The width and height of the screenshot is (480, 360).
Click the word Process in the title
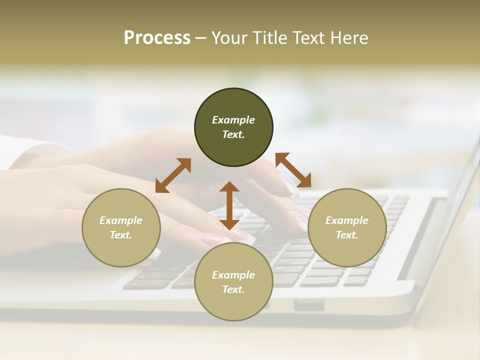(157, 38)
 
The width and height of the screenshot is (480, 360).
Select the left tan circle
(121, 250)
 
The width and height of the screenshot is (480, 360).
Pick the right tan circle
(347, 250)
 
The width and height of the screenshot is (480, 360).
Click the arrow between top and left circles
(173, 175)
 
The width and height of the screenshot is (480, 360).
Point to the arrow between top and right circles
(293, 170)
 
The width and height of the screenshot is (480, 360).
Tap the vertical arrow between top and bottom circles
(229, 205)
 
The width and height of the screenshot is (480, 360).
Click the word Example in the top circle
(233, 120)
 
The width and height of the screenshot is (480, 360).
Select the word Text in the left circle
(121, 235)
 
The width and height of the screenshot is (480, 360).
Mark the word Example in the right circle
(347, 220)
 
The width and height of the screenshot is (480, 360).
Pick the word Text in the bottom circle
(233, 289)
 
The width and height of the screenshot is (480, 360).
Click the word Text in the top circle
(233, 134)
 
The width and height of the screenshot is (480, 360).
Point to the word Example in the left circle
(121, 220)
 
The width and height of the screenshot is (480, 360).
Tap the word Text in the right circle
(347, 235)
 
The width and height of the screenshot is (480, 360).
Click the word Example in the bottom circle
(233, 275)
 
